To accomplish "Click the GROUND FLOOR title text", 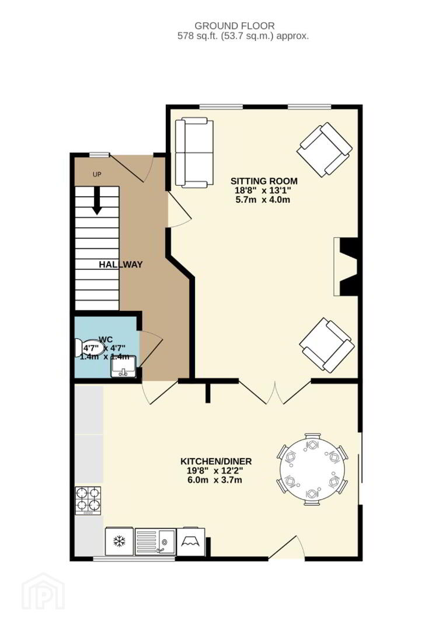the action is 235,26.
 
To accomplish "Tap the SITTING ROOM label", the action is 264,181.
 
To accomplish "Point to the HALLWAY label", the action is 121,265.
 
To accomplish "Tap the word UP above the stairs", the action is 97,174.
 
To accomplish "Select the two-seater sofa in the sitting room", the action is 194,153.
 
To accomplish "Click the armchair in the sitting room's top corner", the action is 324,150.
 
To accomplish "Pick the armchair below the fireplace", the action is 326,345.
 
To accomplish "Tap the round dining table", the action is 312,469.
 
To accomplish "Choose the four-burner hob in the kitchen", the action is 88,501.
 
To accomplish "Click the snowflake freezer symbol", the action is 119,542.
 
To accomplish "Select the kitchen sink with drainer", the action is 155,542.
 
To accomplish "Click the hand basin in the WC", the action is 124,366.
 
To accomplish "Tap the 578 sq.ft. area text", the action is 243,36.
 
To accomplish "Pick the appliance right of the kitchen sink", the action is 191,542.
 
